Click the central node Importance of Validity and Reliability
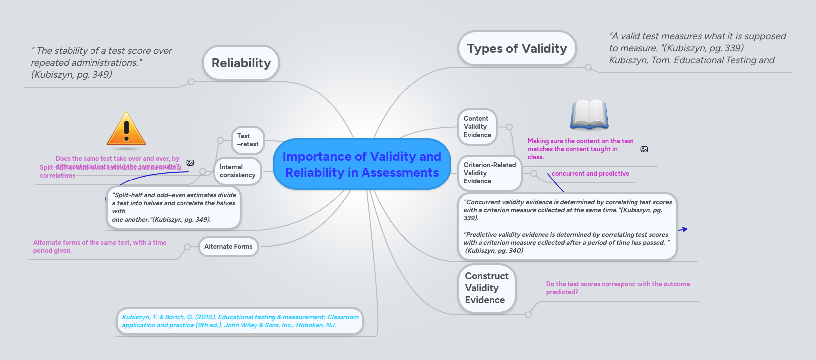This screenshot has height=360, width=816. coord(362,164)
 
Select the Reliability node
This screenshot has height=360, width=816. coord(241,63)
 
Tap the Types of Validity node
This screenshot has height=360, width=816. coord(517,49)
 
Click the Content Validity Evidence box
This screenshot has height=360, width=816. coord(477,127)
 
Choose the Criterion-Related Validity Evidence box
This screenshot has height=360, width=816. coord(489,173)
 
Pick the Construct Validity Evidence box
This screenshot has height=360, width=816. coord(486,288)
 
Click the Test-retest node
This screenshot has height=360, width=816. coord(247,140)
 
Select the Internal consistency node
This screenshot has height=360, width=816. coord(237,171)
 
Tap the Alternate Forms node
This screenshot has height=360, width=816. coord(228,247)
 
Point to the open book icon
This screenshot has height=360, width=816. coord(589,114)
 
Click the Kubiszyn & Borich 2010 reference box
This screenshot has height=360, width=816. coord(240,321)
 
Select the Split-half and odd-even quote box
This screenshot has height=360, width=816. coord(174,207)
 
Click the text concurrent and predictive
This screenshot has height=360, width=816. coord(590,174)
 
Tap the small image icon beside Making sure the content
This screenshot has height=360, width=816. coord(644,149)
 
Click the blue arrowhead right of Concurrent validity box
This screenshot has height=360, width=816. coord(684,229)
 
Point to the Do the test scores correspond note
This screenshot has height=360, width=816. coord(618,288)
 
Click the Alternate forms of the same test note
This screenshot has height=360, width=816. coord(99,247)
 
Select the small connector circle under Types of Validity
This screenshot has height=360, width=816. coord(588,67)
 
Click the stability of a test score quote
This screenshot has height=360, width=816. coord(101,63)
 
